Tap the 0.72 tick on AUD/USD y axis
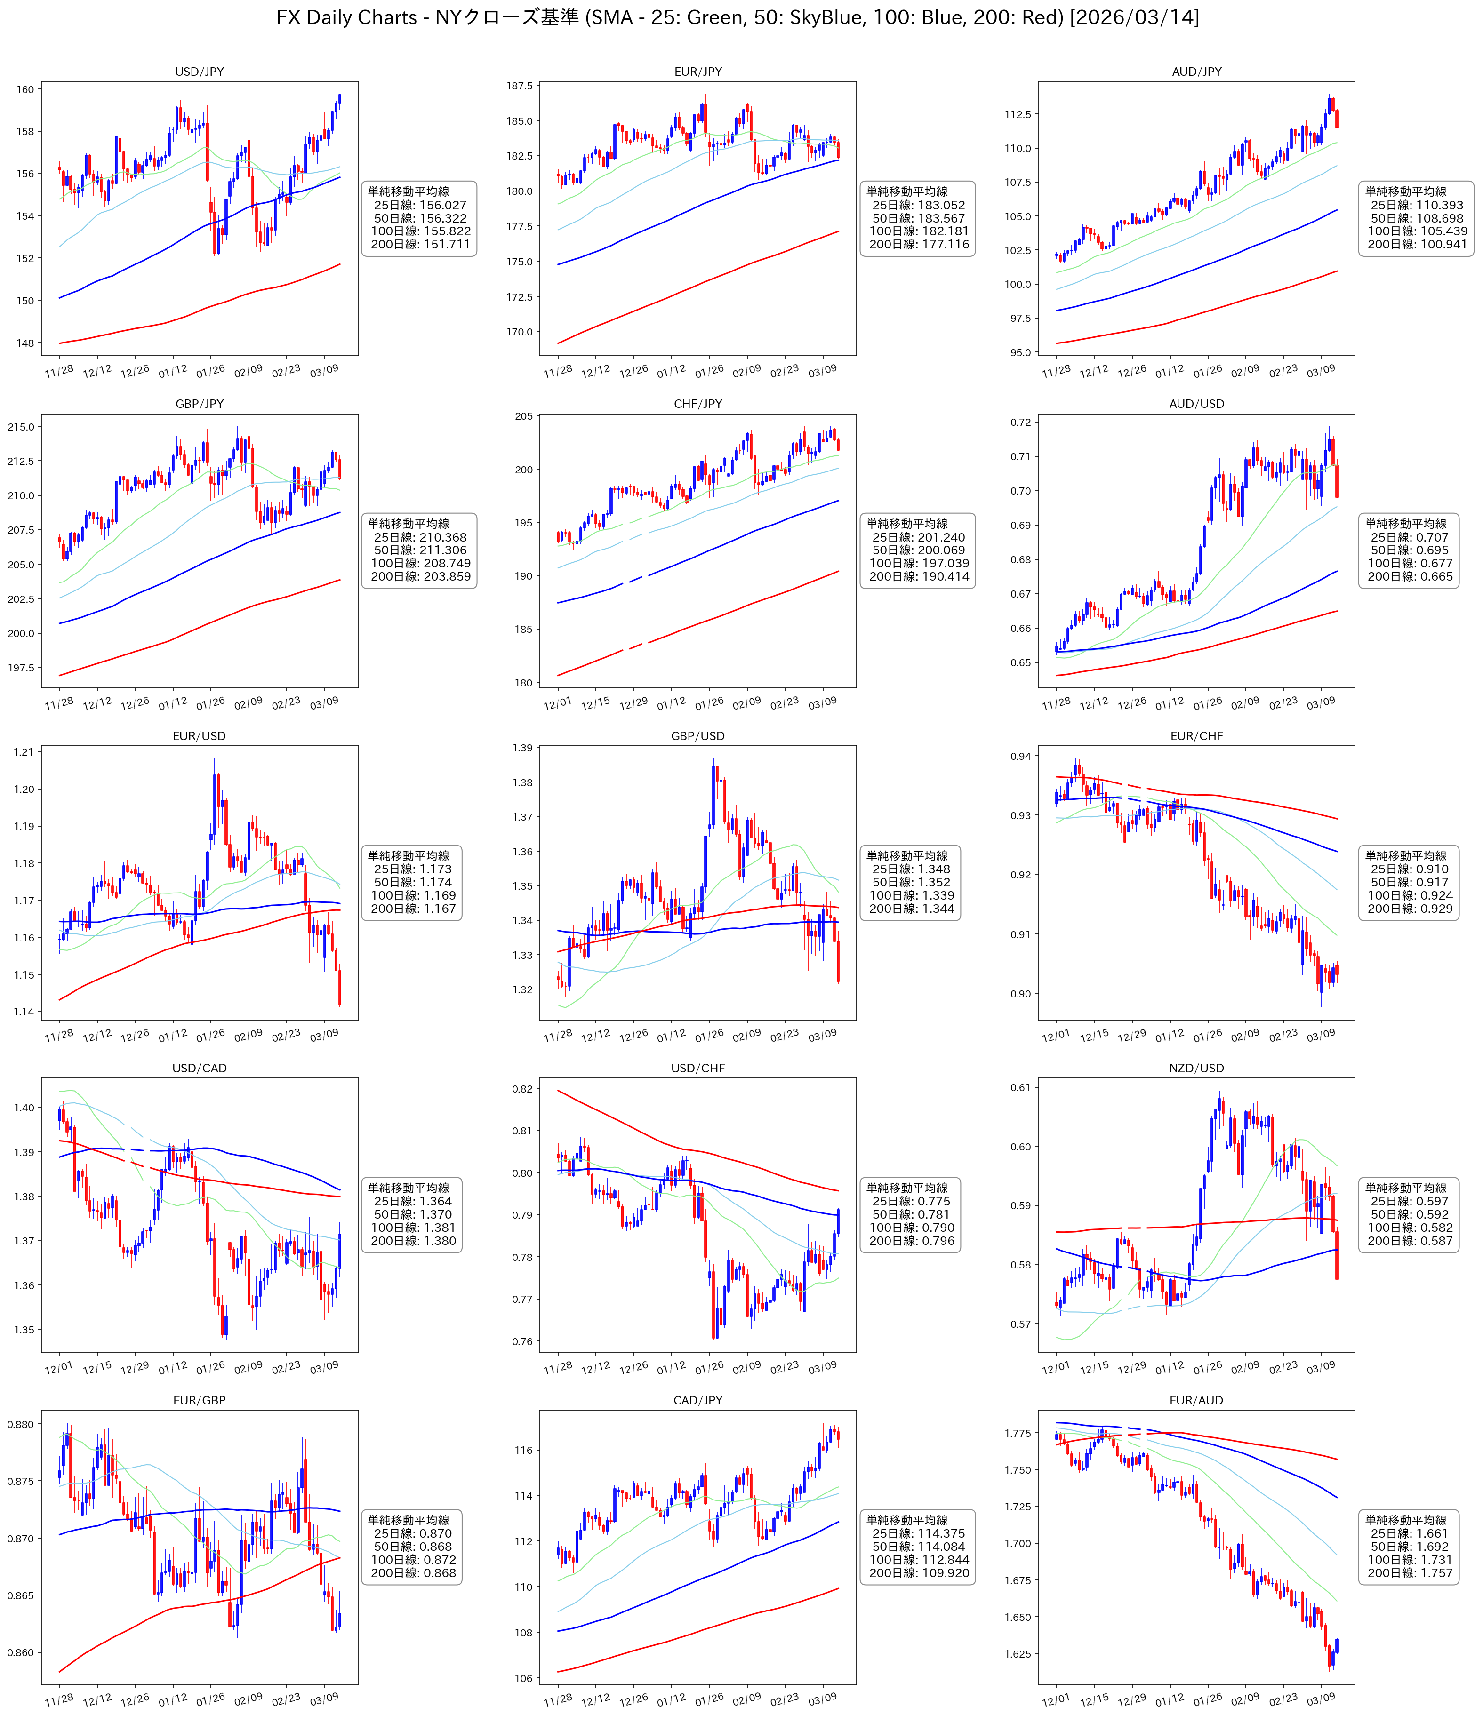click(1020, 422)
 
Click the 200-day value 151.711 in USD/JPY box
click(444, 244)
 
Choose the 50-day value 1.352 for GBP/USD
click(934, 882)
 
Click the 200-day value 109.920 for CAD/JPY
click(943, 1572)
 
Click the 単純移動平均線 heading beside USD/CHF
click(907, 1188)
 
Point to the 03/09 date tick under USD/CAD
click(324, 1366)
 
